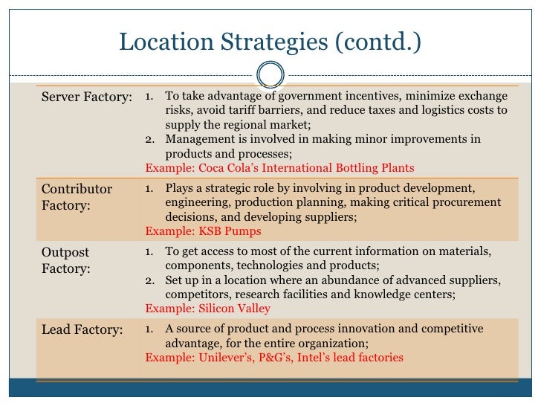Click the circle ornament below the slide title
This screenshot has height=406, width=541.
(x=270, y=75)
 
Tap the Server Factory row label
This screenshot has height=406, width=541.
(x=87, y=97)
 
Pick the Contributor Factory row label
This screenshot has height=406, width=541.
(x=77, y=196)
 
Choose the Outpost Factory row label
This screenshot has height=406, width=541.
(x=66, y=260)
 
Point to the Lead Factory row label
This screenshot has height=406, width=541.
(x=82, y=330)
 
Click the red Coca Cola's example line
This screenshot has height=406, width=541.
(x=279, y=168)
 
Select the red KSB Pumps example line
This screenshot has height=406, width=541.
(x=203, y=231)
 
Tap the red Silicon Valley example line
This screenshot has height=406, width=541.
(x=207, y=308)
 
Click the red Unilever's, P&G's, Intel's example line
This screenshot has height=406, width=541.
(x=273, y=358)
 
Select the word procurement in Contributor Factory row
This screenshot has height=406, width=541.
(x=467, y=202)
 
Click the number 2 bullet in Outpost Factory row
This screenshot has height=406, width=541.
(x=149, y=280)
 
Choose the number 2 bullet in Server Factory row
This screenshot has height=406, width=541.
(x=149, y=139)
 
